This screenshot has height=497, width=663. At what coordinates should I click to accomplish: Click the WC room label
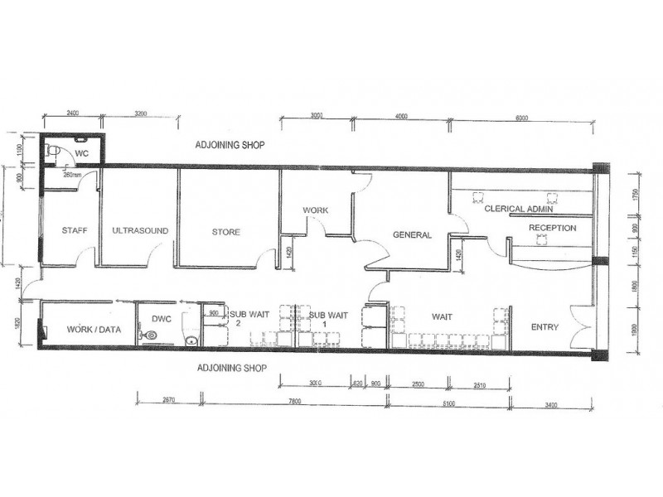pyautogui.click(x=82, y=153)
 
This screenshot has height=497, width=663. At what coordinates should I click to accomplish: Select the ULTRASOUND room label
pyautogui.click(x=140, y=231)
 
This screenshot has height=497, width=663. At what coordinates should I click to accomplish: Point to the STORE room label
pyautogui.click(x=225, y=232)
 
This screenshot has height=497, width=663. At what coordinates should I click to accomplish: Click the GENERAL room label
pyautogui.click(x=412, y=235)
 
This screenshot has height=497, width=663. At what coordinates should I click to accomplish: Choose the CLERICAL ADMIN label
pyautogui.click(x=519, y=210)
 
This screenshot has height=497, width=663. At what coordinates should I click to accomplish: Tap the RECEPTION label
pyautogui.click(x=552, y=228)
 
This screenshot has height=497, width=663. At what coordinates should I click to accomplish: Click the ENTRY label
pyautogui.click(x=544, y=327)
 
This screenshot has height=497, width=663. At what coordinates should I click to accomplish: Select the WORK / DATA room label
pyautogui.click(x=94, y=330)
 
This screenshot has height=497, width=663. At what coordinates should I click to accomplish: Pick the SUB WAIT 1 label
pyautogui.click(x=328, y=320)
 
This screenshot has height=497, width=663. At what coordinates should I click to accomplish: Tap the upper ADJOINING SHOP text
pyautogui.click(x=230, y=144)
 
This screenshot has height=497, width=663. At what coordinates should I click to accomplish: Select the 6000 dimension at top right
pyautogui.click(x=521, y=118)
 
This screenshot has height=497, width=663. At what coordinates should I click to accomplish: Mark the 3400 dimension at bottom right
pyautogui.click(x=549, y=404)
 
